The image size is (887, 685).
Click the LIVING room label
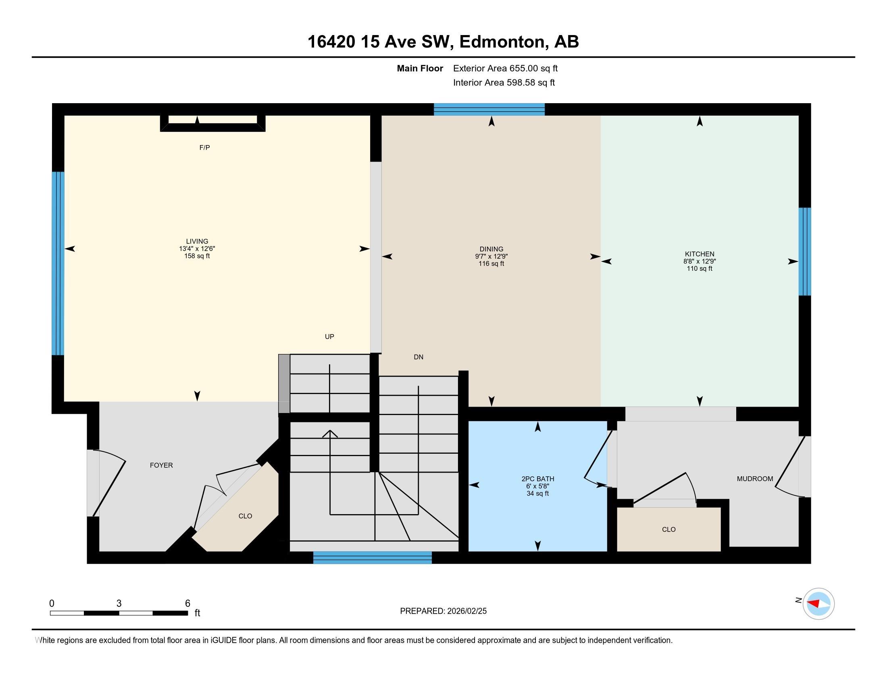click(x=197, y=241)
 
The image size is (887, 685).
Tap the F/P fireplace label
click(x=204, y=148)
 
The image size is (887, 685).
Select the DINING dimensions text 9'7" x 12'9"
click(x=491, y=256)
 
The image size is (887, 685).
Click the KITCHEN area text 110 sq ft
click(x=700, y=269)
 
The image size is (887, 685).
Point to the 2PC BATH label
click(x=538, y=479)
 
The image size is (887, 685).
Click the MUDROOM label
click(x=755, y=479)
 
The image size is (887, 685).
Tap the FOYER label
click(x=161, y=465)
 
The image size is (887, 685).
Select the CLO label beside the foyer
click(x=245, y=516)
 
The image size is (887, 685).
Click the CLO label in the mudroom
click(x=668, y=529)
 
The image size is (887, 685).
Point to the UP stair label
click(x=329, y=336)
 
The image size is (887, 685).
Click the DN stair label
click(x=419, y=357)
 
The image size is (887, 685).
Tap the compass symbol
click(x=818, y=604)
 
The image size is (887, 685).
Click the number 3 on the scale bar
click(x=119, y=604)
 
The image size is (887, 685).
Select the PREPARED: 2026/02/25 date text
click(x=443, y=611)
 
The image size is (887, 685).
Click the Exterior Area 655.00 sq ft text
click(x=505, y=68)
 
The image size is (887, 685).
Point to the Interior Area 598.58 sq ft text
click(x=504, y=83)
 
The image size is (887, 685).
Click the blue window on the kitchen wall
click(x=805, y=251)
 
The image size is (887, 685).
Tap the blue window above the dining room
click(x=489, y=110)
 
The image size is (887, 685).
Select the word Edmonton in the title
click(x=502, y=42)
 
